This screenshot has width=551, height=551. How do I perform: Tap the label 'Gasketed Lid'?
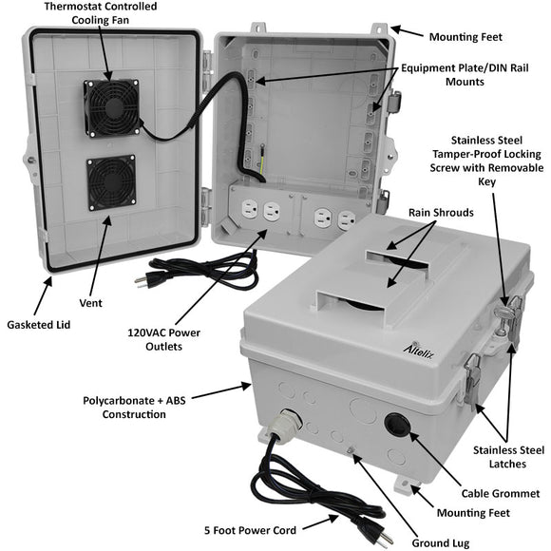tap(39, 324)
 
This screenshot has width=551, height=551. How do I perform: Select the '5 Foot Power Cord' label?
tap(252, 530)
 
